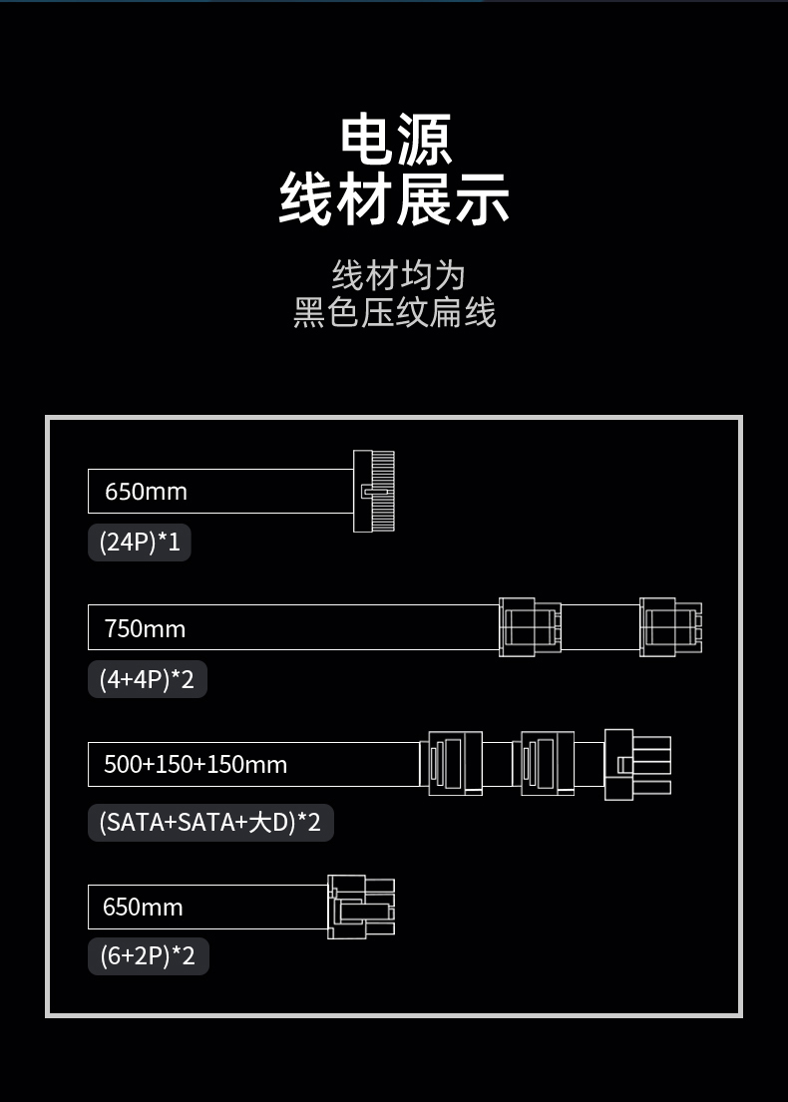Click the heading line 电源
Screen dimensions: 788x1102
click(395, 140)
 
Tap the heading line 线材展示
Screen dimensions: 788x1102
click(394, 199)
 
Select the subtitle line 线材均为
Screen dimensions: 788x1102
click(398, 275)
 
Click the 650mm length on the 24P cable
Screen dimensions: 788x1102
click(147, 492)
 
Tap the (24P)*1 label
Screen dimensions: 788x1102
click(140, 543)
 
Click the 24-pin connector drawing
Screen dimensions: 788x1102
click(374, 491)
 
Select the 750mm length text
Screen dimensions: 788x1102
click(145, 628)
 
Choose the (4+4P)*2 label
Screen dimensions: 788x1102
click(147, 679)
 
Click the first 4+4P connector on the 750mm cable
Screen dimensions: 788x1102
click(530, 627)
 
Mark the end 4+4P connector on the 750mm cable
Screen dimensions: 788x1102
click(670, 627)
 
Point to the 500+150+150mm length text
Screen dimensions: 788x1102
click(196, 764)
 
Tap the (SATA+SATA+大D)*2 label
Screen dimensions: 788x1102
click(210, 822)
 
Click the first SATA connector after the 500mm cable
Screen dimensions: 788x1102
click(451, 763)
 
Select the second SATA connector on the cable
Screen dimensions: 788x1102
click(544, 763)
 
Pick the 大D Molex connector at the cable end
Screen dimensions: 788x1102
click(637, 764)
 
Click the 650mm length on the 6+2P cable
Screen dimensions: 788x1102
click(143, 907)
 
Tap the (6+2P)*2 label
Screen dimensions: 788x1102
click(149, 955)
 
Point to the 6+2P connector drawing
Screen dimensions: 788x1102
click(361, 907)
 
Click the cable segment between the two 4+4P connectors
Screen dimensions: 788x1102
click(600, 627)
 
